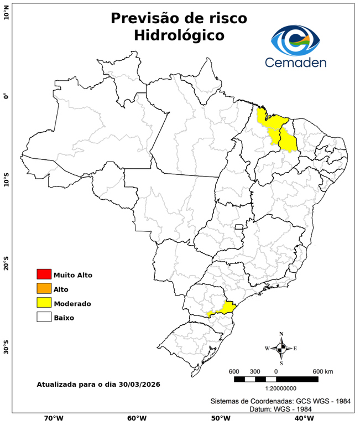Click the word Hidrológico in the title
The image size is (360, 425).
179,35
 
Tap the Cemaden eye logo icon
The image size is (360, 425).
295,39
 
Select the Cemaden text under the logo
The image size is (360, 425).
296,62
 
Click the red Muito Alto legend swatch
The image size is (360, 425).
44,274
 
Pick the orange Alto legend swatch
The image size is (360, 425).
44,289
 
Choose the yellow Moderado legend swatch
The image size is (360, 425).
44,303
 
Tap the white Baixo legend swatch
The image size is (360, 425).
44,318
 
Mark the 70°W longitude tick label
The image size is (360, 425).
53,418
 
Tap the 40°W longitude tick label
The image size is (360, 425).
302,418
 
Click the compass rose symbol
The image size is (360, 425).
281,348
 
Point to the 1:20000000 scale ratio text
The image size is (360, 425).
276,388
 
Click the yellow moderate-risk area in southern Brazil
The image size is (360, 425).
227,308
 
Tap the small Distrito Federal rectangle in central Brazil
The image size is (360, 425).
239,227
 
